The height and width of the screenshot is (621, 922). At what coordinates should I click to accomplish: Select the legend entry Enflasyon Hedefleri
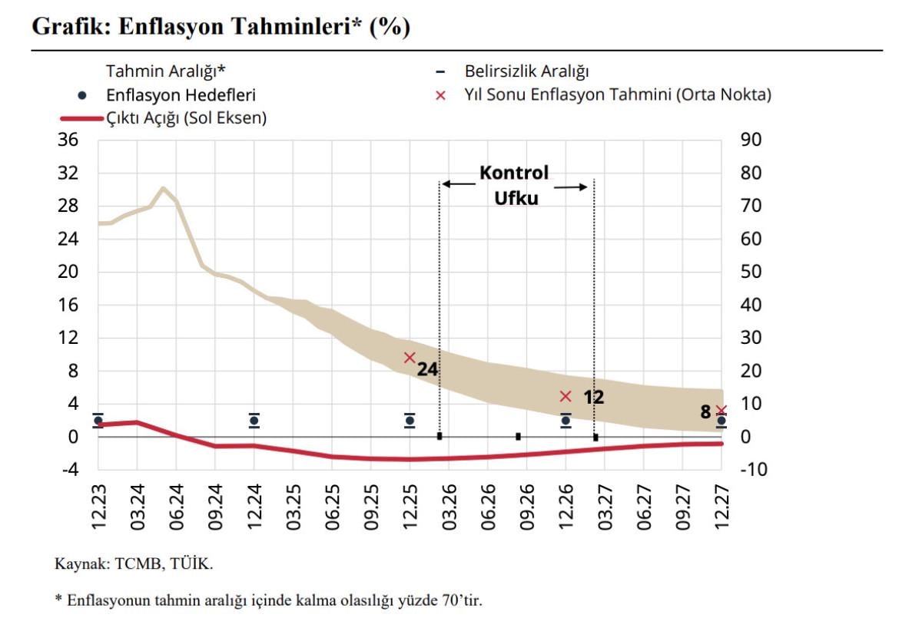(181, 95)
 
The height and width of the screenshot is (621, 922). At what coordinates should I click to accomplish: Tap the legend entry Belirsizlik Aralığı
(526, 72)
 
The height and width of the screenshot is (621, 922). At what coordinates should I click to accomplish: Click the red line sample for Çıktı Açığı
(80, 119)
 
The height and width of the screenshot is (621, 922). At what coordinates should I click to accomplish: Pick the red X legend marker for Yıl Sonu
(440, 95)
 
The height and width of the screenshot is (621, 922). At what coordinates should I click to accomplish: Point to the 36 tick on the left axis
(69, 140)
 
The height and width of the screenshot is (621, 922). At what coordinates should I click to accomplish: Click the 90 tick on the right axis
(750, 140)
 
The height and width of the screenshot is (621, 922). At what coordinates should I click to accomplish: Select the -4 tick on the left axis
(69, 469)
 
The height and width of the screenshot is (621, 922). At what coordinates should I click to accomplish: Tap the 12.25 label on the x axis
(410, 508)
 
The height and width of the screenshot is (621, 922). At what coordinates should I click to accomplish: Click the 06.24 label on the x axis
(176, 508)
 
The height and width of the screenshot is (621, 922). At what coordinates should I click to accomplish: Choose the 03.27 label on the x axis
(604, 508)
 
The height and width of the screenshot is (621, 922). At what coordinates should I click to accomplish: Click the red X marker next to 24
(410, 357)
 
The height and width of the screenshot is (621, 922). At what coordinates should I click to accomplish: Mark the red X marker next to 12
(565, 396)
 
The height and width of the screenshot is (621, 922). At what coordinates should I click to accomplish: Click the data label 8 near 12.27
(705, 412)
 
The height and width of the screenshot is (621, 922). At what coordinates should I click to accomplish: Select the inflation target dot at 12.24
(254, 421)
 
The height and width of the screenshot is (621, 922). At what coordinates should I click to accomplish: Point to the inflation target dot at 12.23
(98, 421)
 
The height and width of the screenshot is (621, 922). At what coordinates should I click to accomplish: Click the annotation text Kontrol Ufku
(515, 185)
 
